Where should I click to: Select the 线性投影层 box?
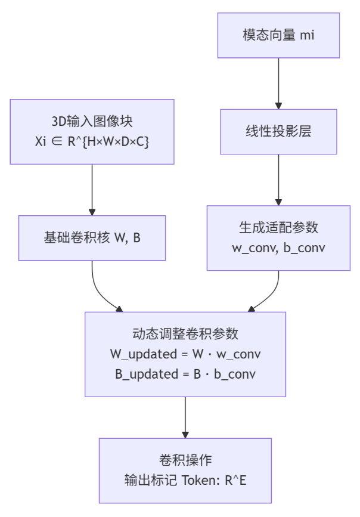[x=278, y=131]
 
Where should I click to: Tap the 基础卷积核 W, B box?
[x=92, y=238]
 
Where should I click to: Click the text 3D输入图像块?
[x=92, y=122]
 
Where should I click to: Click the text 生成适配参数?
[x=278, y=228]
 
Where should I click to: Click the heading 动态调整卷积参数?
[x=185, y=335]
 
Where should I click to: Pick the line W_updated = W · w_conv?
[x=185, y=354]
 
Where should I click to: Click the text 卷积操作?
[x=185, y=460]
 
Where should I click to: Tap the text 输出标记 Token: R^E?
[x=185, y=480]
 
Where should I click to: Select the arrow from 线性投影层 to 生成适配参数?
[x=278, y=179]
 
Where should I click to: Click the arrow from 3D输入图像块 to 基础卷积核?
[x=92, y=189]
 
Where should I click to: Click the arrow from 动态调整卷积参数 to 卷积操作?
[x=185, y=417]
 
